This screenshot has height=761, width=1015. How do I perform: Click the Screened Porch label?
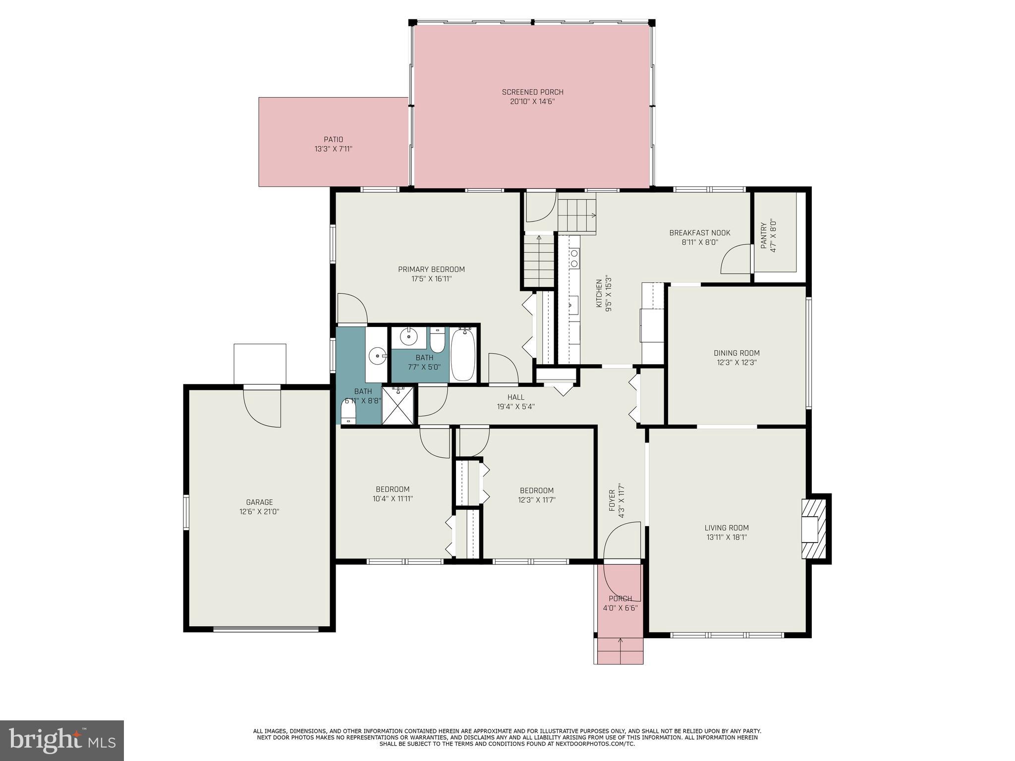pos(532,92)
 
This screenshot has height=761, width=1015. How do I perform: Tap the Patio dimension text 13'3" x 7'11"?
pos(333,149)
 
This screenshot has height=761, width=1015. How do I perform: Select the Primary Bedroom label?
pos(431,270)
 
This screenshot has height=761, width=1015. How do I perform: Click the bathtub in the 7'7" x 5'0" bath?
pos(463,356)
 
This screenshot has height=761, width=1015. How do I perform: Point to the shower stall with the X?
pos(397,406)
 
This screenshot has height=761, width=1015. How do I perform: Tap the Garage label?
pos(259,502)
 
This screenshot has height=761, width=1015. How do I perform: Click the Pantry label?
pos(764,232)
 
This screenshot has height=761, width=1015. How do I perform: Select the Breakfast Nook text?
pos(699,233)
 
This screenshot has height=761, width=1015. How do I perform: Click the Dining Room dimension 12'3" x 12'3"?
pos(736,362)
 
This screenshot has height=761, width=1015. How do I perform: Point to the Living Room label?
pos(726,528)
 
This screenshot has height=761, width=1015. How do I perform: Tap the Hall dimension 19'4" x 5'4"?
pos(515,407)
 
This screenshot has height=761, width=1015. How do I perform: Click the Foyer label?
pos(612,501)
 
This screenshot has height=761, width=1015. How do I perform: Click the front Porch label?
pos(620,598)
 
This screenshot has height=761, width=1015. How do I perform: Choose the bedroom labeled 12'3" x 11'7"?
pos(536,495)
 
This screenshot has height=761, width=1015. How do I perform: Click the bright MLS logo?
pos(62,740)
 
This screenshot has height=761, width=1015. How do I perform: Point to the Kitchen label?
pos(599,288)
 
